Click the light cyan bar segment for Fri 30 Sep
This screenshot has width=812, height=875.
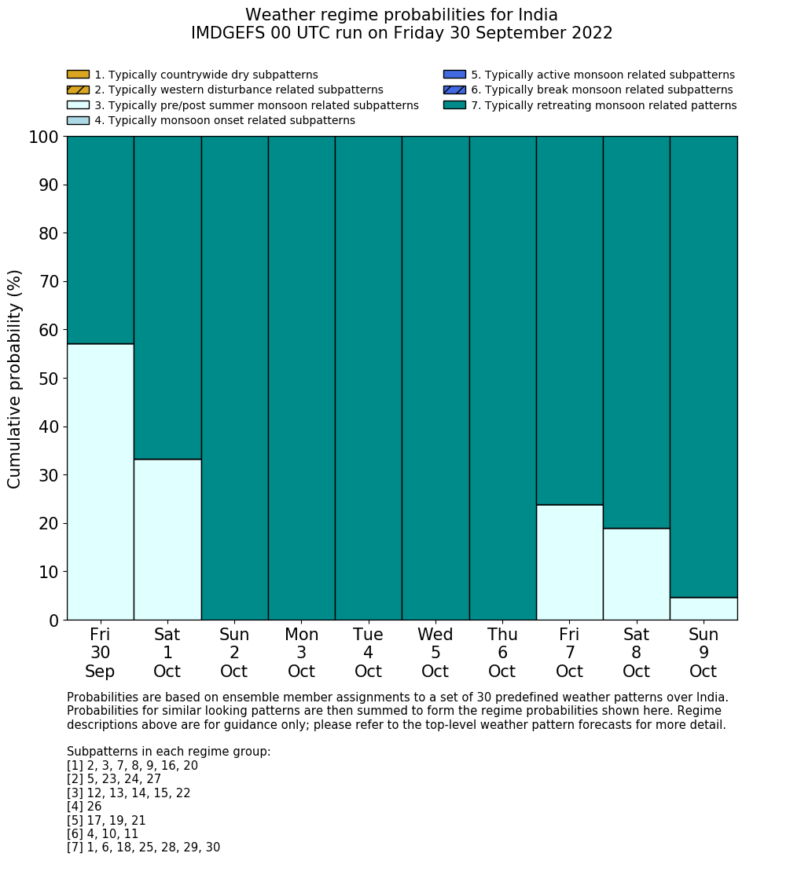(x=100, y=481)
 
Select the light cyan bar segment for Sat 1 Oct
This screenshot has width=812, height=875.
(x=167, y=540)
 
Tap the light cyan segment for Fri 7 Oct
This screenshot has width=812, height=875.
(x=569, y=562)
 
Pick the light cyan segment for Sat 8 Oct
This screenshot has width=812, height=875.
(x=636, y=574)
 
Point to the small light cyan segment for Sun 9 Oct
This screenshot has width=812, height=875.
(x=704, y=609)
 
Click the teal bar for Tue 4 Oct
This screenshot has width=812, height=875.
(x=368, y=378)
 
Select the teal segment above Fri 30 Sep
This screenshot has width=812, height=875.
(x=100, y=240)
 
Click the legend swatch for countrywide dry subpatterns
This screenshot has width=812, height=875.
(x=78, y=75)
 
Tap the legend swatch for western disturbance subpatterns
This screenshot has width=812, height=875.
(x=78, y=90)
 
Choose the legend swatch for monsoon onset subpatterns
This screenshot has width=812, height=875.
(x=78, y=120)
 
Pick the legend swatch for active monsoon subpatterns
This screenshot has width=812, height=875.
(x=454, y=75)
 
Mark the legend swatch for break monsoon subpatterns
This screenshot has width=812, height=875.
(x=454, y=90)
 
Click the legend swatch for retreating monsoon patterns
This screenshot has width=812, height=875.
(x=454, y=105)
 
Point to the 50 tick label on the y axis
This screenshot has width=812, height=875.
(x=48, y=379)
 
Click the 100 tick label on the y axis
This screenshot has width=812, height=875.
(x=43, y=137)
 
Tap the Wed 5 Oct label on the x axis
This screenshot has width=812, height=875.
(x=435, y=653)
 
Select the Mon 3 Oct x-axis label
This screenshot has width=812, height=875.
(x=301, y=653)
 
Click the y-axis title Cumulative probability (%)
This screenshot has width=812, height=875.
(x=15, y=379)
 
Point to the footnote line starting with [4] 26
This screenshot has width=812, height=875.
(x=84, y=807)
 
